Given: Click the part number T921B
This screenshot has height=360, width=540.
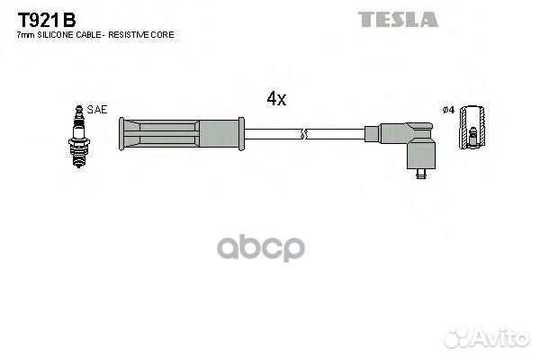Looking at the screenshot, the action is [47, 20].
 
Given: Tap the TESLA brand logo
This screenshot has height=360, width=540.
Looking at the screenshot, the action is [398, 19].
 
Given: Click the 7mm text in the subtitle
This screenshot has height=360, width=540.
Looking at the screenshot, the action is [26, 35].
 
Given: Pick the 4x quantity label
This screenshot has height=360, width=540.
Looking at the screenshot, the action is [276, 98].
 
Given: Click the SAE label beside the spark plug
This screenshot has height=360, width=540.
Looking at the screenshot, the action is [97, 110].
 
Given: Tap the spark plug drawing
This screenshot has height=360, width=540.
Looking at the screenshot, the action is [79, 137].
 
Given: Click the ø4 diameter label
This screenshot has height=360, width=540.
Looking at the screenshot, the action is [449, 110].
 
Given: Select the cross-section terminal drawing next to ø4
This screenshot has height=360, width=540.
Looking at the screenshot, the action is [472, 127].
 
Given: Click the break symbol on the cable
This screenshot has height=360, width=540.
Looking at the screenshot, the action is [303, 134].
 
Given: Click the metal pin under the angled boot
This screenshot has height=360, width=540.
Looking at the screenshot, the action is [421, 174].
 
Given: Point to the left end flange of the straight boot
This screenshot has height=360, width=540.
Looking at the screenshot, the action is [121, 134].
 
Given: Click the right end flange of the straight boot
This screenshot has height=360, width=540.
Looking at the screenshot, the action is [241, 134].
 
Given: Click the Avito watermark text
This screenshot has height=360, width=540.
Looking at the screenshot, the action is [501, 337].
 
